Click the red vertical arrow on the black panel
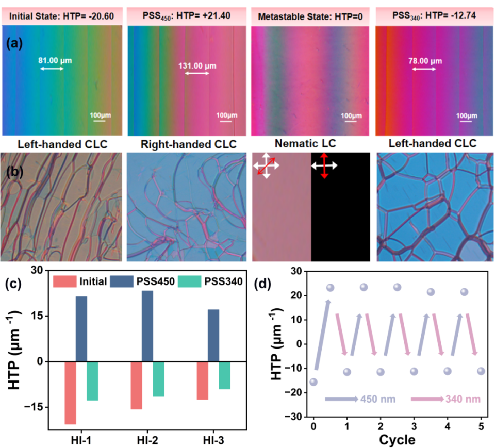coord(324,165)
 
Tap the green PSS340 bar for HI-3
coord(225,375)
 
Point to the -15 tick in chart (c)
coord(38,407)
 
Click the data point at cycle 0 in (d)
coord(313,382)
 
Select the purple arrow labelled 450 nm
coord(341,399)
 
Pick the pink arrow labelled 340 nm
coord(427,399)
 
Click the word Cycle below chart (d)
coord(398,440)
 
